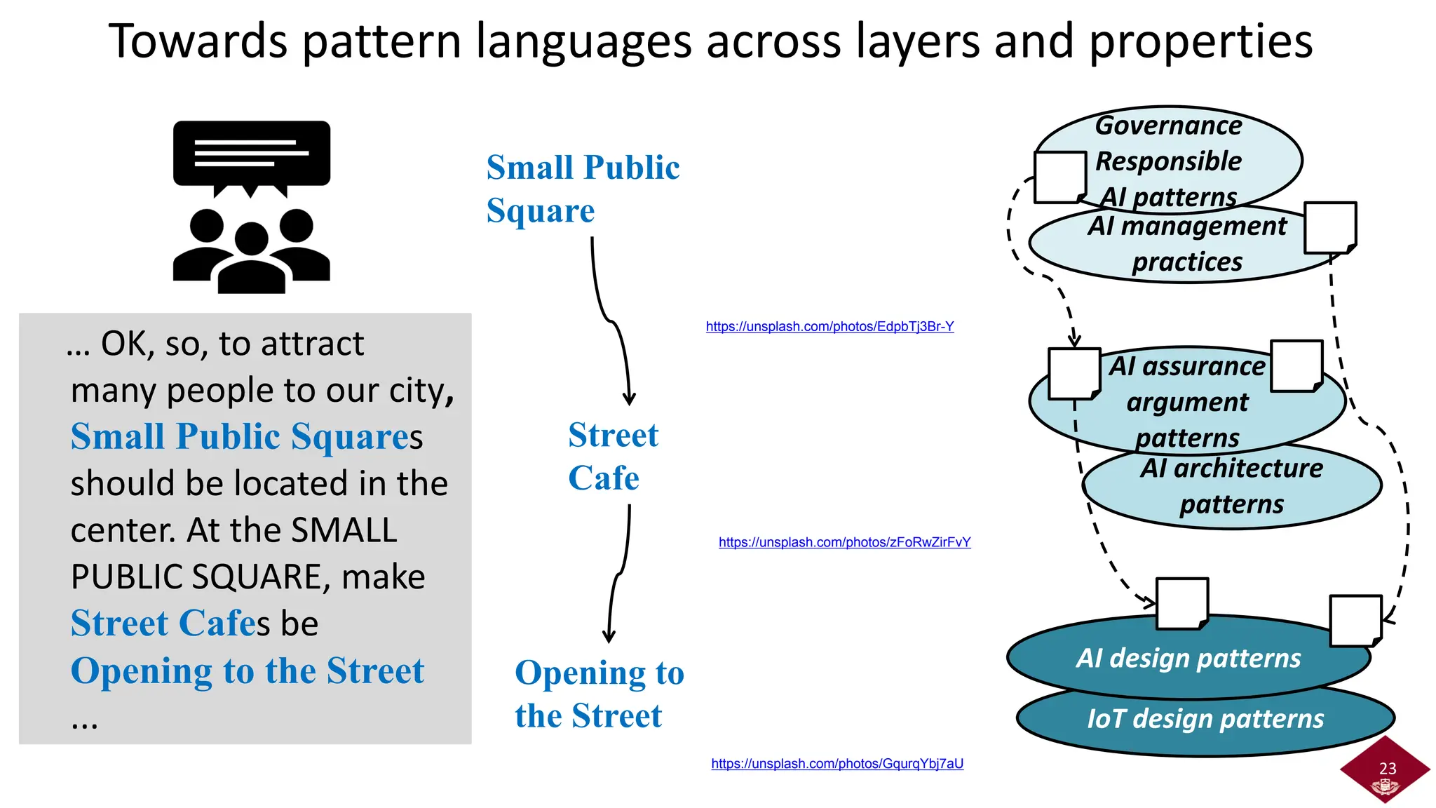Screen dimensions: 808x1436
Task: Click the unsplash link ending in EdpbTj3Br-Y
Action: click(829, 326)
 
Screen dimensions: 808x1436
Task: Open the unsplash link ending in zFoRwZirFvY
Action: click(844, 542)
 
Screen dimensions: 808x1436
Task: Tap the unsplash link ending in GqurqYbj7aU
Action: click(837, 764)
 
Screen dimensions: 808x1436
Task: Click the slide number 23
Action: click(1387, 769)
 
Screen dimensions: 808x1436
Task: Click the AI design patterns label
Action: click(1188, 659)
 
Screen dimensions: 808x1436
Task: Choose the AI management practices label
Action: click(1187, 243)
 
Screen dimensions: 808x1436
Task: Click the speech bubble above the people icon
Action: click(252, 155)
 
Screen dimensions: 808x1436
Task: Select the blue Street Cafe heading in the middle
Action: click(612, 457)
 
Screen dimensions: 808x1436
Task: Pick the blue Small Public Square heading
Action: click(582, 189)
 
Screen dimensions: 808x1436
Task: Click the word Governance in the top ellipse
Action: click(1168, 126)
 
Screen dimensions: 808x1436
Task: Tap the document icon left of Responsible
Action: click(1059, 177)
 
